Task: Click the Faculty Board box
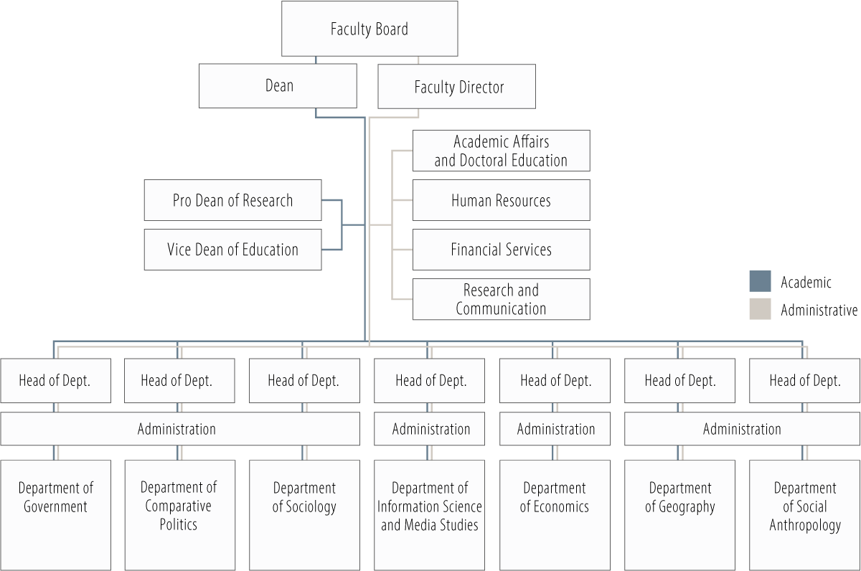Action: tap(370, 29)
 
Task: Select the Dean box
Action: tap(278, 86)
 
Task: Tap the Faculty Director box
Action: tap(457, 87)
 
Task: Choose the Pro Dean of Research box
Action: tap(232, 200)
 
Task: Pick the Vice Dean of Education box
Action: tap(232, 250)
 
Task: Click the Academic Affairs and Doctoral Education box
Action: tap(501, 151)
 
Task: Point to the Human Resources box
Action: tap(501, 200)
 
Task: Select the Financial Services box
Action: tap(501, 250)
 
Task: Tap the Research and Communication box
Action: tap(501, 299)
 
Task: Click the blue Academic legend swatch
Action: tap(760, 281)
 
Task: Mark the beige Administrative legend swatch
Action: tap(760, 309)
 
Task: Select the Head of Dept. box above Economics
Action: tap(555, 381)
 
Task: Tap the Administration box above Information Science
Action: tap(429, 429)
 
